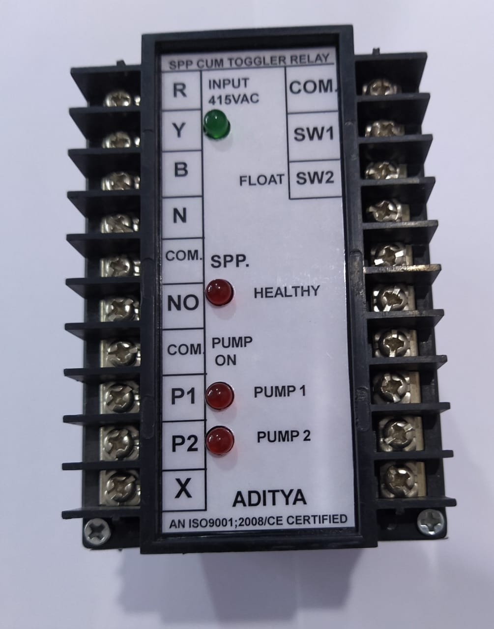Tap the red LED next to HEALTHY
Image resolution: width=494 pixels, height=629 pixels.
(x=219, y=292)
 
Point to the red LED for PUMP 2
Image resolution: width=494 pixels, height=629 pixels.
(x=220, y=441)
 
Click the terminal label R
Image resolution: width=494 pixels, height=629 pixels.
(x=180, y=90)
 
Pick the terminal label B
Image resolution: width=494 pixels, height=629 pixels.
(x=181, y=170)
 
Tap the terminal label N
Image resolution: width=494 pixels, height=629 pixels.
(x=180, y=215)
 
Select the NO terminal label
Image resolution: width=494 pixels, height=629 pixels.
(x=183, y=303)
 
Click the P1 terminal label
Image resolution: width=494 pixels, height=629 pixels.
(x=183, y=396)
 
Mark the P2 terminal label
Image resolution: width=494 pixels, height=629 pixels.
(x=185, y=443)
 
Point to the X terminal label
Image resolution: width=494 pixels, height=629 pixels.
(x=183, y=488)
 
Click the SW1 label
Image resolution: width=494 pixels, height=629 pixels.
(x=314, y=134)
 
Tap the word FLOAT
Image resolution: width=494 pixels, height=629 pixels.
(x=262, y=180)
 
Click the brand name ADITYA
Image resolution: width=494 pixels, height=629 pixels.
(x=269, y=498)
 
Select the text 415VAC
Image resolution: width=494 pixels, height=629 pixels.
(x=233, y=100)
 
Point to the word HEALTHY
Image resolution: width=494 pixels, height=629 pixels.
(x=287, y=292)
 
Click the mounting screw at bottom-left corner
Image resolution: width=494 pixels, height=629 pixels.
(x=97, y=532)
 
